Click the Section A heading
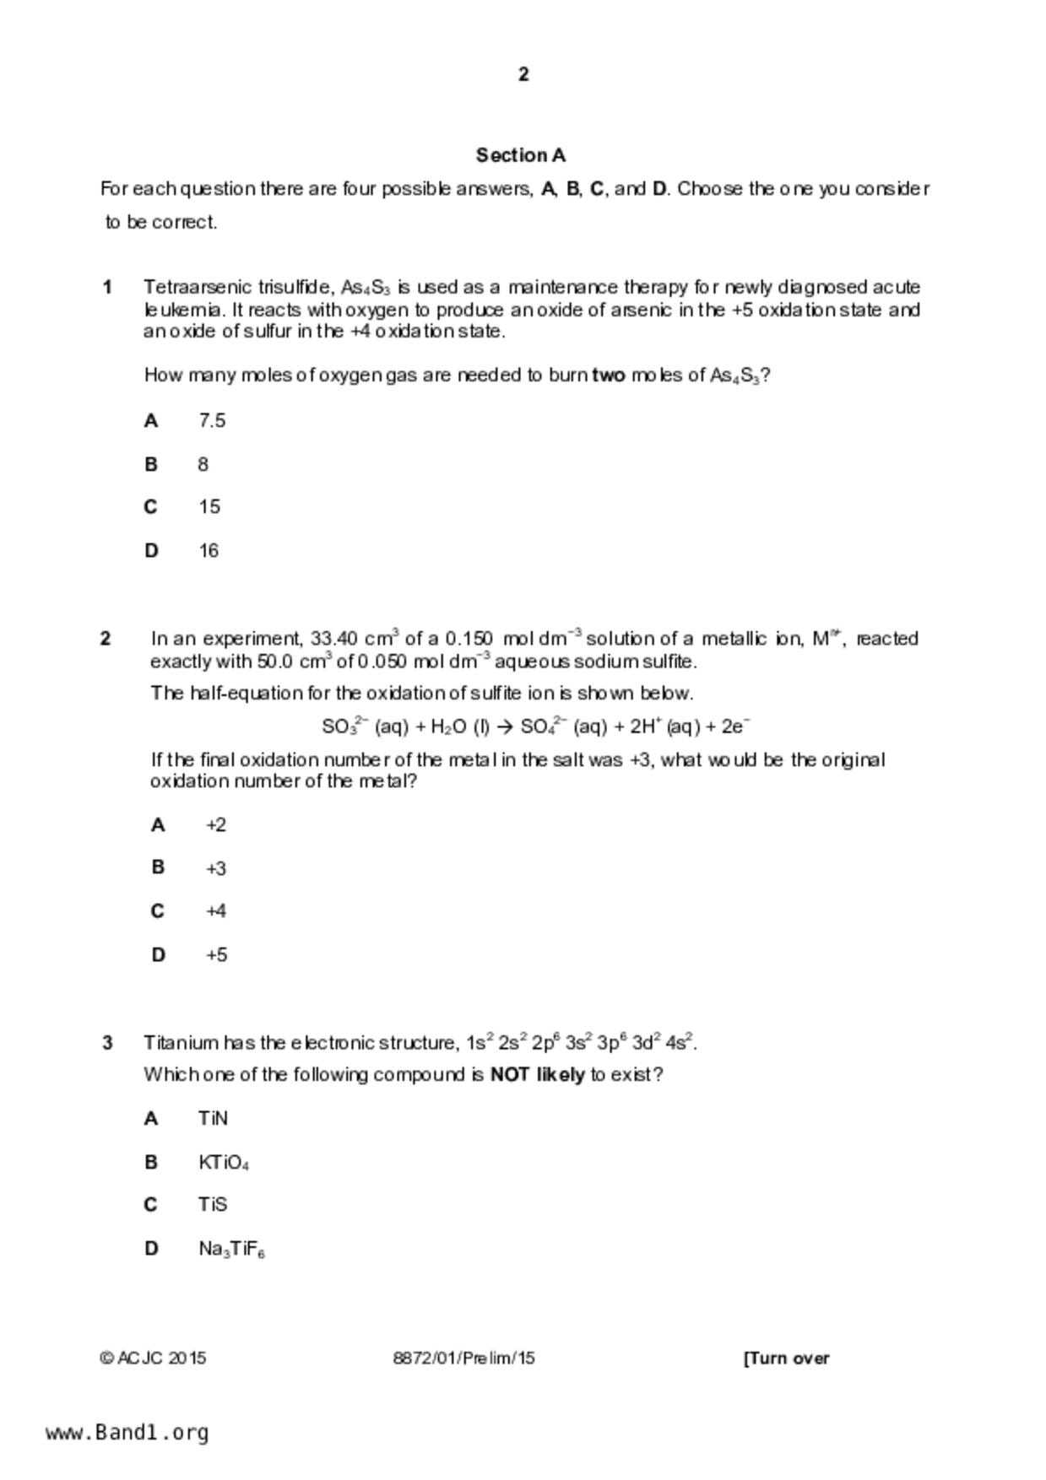[521, 155]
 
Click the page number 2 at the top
[523, 74]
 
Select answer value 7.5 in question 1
[212, 420]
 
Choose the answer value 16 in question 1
[209, 551]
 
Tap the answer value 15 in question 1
[209, 507]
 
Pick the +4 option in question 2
[216, 911]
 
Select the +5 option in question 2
[216, 955]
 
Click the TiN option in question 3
[213, 1119]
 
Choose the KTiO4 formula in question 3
[224, 1163]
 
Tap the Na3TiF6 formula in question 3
[232, 1249]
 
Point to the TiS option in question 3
[213, 1205]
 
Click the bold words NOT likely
[537, 1075]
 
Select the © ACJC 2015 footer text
[153, 1358]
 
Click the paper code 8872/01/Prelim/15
[463, 1358]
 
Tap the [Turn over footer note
[786, 1358]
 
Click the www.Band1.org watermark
[127, 1433]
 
